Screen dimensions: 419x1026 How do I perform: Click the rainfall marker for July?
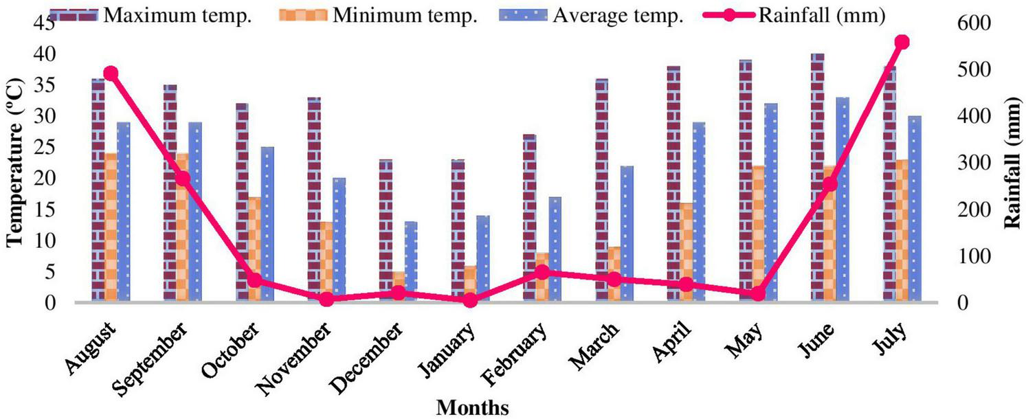pos(902,43)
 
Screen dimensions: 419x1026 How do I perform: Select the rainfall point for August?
pos(111,73)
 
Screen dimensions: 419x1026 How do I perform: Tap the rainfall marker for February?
pos(542,272)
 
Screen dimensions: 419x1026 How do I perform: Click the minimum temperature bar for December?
pos(399,286)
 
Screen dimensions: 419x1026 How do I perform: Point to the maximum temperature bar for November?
pos(313,199)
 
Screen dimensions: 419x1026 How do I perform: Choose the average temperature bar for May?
pos(771,202)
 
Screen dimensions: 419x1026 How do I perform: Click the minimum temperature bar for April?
pos(686,252)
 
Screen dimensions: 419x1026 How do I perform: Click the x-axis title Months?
pos(473,407)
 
